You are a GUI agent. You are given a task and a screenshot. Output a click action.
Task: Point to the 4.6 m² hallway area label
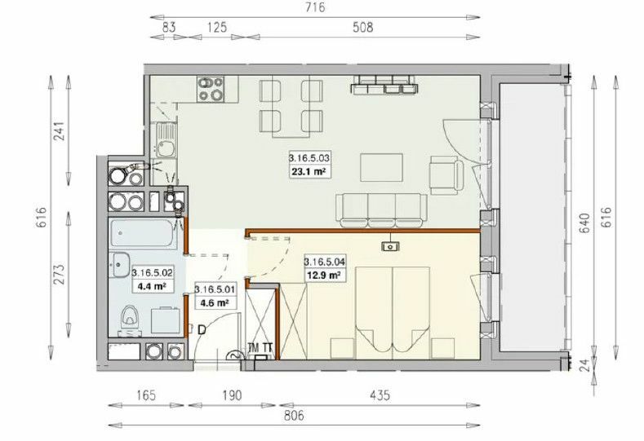coord(215,303)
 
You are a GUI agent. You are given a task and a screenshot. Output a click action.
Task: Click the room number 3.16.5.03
coord(309,157)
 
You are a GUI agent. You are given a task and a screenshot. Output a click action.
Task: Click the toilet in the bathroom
coord(131,320)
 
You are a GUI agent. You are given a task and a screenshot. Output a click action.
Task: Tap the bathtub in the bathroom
coord(142,233)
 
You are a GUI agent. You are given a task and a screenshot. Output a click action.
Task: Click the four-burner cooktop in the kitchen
coord(211,89)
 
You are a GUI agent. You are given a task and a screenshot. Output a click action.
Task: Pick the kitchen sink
coord(166,140)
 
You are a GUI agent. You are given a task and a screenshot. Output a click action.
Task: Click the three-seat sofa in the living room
coord(381,210)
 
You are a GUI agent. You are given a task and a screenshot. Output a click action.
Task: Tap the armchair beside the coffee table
coord(446,175)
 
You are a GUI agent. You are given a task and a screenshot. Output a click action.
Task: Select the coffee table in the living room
coord(381,167)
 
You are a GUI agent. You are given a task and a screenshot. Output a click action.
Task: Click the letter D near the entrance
coord(202,330)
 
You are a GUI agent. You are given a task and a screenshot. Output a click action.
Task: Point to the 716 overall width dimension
coord(315,7)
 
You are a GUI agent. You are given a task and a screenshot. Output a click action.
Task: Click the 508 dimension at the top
coord(363,28)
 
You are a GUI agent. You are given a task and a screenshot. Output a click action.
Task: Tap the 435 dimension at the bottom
coord(380,395)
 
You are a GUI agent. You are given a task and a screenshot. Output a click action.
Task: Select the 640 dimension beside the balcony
coord(586,223)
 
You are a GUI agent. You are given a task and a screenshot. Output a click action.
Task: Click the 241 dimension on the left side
coord(60,131)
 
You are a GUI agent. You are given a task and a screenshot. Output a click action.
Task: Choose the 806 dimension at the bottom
coord(295,416)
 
